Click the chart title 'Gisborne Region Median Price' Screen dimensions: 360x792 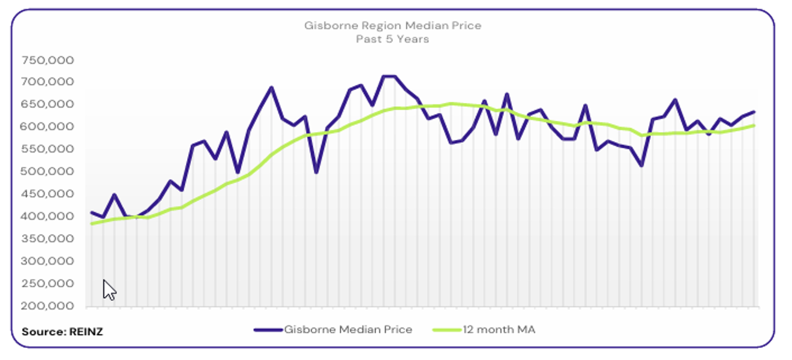click(x=392, y=26)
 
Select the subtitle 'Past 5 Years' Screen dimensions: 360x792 click(x=392, y=39)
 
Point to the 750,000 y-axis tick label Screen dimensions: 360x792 click(x=47, y=60)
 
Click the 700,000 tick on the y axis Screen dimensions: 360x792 click(x=47, y=82)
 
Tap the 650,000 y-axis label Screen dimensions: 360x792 click(x=47, y=104)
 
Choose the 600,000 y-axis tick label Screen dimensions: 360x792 click(x=47, y=127)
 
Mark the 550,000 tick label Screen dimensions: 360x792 click(x=47, y=149)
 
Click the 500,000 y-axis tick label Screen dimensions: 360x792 click(x=47, y=172)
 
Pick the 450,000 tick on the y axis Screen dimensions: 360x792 click(x=47, y=194)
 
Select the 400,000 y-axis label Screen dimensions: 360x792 click(x=47, y=217)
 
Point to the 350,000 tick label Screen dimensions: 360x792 click(x=47, y=239)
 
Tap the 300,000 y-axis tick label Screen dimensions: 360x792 click(x=47, y=262)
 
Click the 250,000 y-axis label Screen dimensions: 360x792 click(x=47, y=284)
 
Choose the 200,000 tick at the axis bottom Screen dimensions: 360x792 click(x=47, y=306)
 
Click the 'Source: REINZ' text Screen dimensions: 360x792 click(x=62, y=331)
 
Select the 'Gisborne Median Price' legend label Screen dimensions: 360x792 click(x=348, y=329)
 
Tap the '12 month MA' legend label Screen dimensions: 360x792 click(x=499, y=329)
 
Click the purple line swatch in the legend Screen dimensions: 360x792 click(x=268, y=329)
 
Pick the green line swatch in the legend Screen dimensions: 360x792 click(x=446, y=329)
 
